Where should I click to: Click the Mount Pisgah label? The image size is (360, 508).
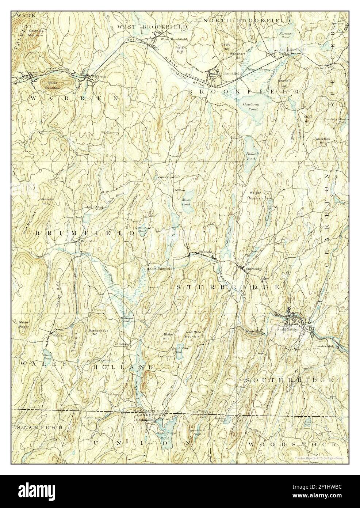25,324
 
